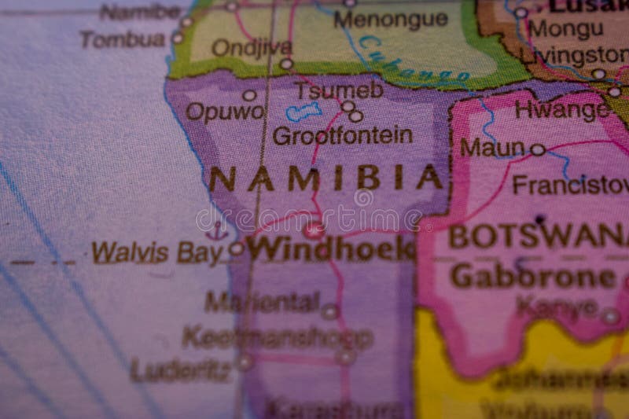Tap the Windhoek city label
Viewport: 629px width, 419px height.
(331, 249)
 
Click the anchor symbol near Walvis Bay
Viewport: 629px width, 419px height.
(216, 230)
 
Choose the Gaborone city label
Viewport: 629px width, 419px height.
(533, 276)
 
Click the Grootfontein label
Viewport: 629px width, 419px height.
(342, 136)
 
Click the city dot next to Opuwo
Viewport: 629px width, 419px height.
(249, 95)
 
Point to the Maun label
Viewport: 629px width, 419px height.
(492, 147)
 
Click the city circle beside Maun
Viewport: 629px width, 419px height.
(537, 149)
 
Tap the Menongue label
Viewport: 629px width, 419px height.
(391, 19)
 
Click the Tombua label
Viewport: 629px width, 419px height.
(123, 39)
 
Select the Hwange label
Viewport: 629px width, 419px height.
(561, 109)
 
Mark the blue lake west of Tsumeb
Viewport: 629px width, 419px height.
(303, 112)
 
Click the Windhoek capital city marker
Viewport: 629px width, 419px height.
(314, 230)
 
